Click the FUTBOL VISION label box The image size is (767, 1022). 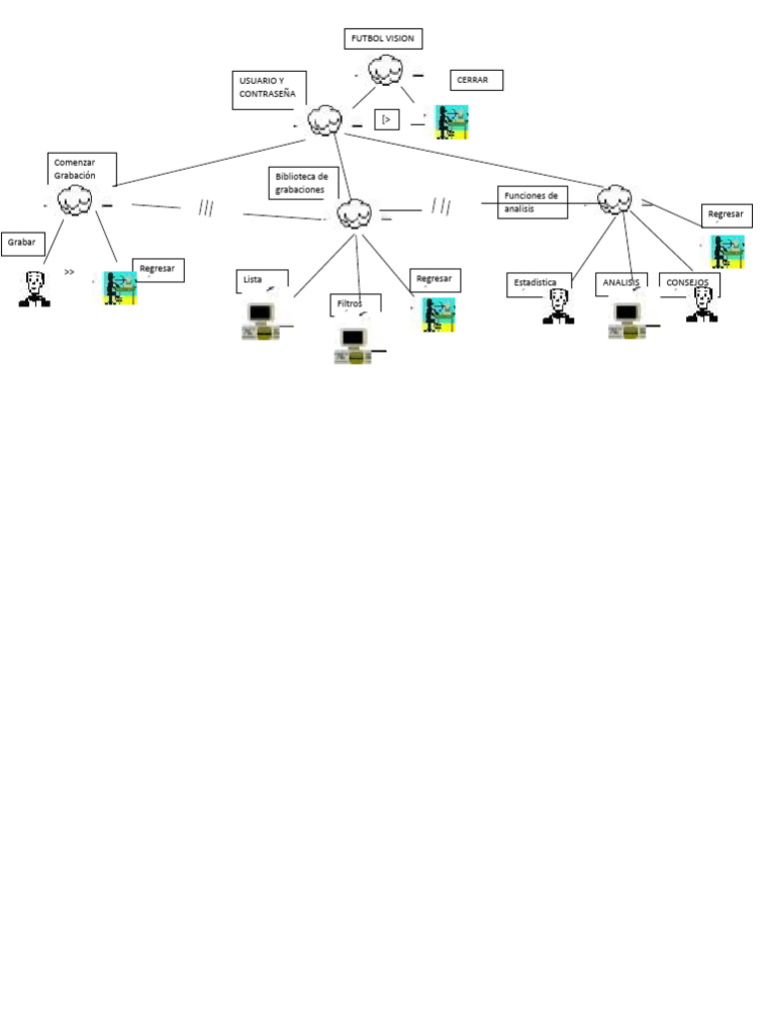pos(383,39)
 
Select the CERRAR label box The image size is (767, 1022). pos(475,80)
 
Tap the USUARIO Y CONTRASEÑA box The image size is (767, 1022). pos(268,90)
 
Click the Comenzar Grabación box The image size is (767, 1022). pos(82,169)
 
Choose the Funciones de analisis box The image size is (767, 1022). pos(532,201)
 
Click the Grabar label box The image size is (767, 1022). pos(23,243)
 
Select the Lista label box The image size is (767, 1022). pos(263,282)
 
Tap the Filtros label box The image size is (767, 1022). pos(355,304)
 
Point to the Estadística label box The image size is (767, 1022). pos(540,284)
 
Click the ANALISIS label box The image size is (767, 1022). pos(621,283)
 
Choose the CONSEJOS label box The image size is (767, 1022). pos(689,283)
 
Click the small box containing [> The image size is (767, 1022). pos(386,120)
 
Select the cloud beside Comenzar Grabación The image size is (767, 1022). pos(73,203)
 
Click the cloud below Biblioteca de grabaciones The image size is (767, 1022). pos(355,213)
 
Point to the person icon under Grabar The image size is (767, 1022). pos(34,288)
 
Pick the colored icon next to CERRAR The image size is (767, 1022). pos(451,122)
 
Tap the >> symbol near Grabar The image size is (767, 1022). pos(69,271)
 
